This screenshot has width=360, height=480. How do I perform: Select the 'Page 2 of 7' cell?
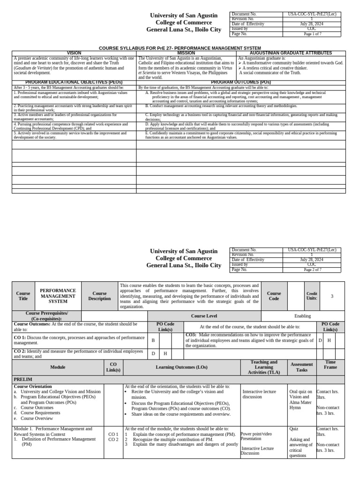[x=313, y=270]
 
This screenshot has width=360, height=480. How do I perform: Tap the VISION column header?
[x=74, y=53]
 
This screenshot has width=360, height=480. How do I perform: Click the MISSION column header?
[x=186, y=53]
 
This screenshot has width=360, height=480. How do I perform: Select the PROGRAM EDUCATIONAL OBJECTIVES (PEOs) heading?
[x=74, y=82]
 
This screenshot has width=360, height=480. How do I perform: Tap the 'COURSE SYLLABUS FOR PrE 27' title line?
[x=180, y=48]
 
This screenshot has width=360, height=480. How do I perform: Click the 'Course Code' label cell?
[x=274, y=296]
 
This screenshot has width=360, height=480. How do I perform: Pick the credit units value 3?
[x=332, y=296]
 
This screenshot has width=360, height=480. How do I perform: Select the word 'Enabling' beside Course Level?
[x=302, y=316]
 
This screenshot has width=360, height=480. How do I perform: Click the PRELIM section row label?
[x=23, y=379]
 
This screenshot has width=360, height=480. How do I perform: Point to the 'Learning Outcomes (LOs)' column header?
[x=181, y=367]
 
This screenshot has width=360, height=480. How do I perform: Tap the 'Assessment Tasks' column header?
[x=302, y=367]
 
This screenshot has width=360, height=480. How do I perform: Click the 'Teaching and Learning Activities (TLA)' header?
[x=264, y=367]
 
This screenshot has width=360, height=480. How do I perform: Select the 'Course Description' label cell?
[x=99, y=296]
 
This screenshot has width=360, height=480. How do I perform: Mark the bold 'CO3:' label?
[x=191, y=335]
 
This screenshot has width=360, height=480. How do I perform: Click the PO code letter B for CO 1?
[x=153, y=340]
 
